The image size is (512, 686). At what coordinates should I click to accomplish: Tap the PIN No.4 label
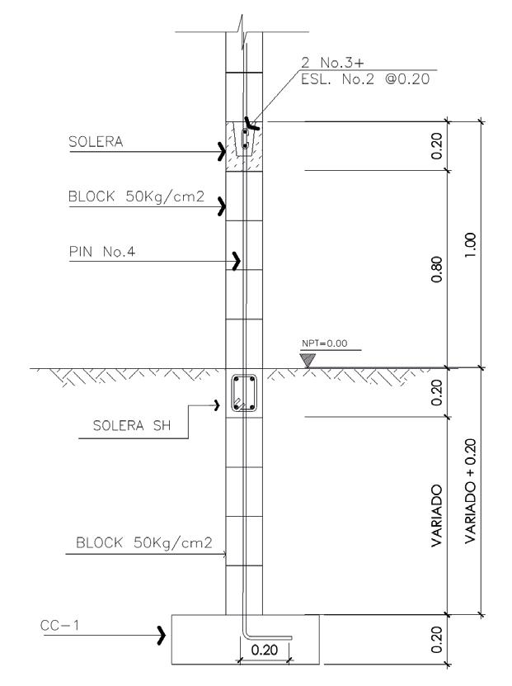[x=102, y=253]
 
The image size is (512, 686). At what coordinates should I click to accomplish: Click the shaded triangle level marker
[x=308, y=360]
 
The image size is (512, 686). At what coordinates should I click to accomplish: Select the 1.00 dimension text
[x=470, y=243]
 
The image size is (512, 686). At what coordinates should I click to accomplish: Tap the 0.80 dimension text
[x=437, y=267]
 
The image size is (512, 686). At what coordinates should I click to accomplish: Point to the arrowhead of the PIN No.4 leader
[x=238, y=263]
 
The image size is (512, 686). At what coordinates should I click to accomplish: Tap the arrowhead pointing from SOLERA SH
[x=219, y=405]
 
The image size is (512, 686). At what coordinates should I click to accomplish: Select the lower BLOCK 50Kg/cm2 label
[x=143, y=544]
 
